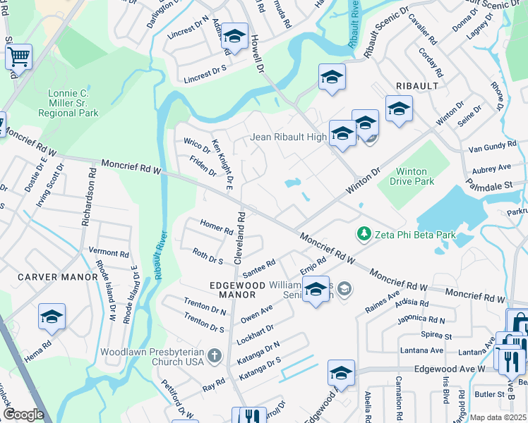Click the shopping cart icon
click(18, 56)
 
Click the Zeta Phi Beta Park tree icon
click(364, 233)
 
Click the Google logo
click(23, 415)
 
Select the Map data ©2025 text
click(498, 417)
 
